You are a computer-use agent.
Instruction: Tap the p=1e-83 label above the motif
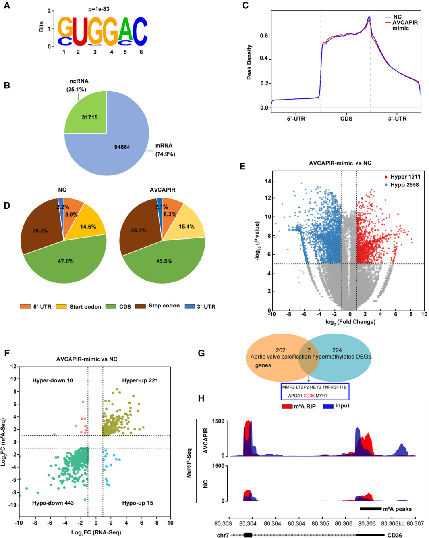99,9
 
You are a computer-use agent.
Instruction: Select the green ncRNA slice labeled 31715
89,117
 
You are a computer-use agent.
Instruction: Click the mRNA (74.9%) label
164,150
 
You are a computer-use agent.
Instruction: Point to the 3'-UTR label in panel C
397,118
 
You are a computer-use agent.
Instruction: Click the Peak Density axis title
249,62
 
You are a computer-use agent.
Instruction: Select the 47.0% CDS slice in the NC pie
66,261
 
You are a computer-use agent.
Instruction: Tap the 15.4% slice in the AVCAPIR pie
186,226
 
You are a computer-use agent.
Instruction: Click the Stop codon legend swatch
140,306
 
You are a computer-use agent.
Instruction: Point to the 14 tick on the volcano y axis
268,181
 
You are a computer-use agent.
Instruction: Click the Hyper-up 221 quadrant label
140,380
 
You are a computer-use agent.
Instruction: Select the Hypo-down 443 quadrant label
53,503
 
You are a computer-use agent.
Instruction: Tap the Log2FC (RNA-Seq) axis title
96,532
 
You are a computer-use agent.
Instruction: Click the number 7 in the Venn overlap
309,350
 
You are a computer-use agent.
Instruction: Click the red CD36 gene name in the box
309,396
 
